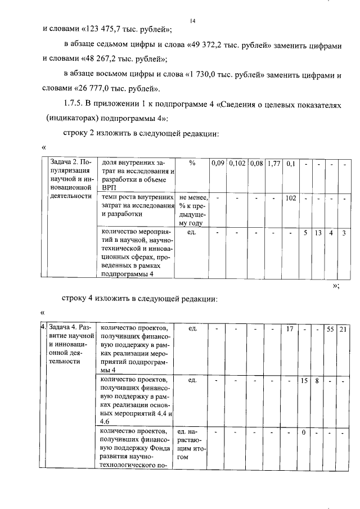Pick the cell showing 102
pyautogui.click(x=291, y=198)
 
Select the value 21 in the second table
pyautogui.click(x=343, y=328)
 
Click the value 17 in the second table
pyautogui.click(x=291, y=328)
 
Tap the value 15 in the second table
pyautogui.click(x=304, y=381)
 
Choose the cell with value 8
pyautogui.click(x=317, y=381)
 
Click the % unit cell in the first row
pyautogui.click(x=192, y=163)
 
